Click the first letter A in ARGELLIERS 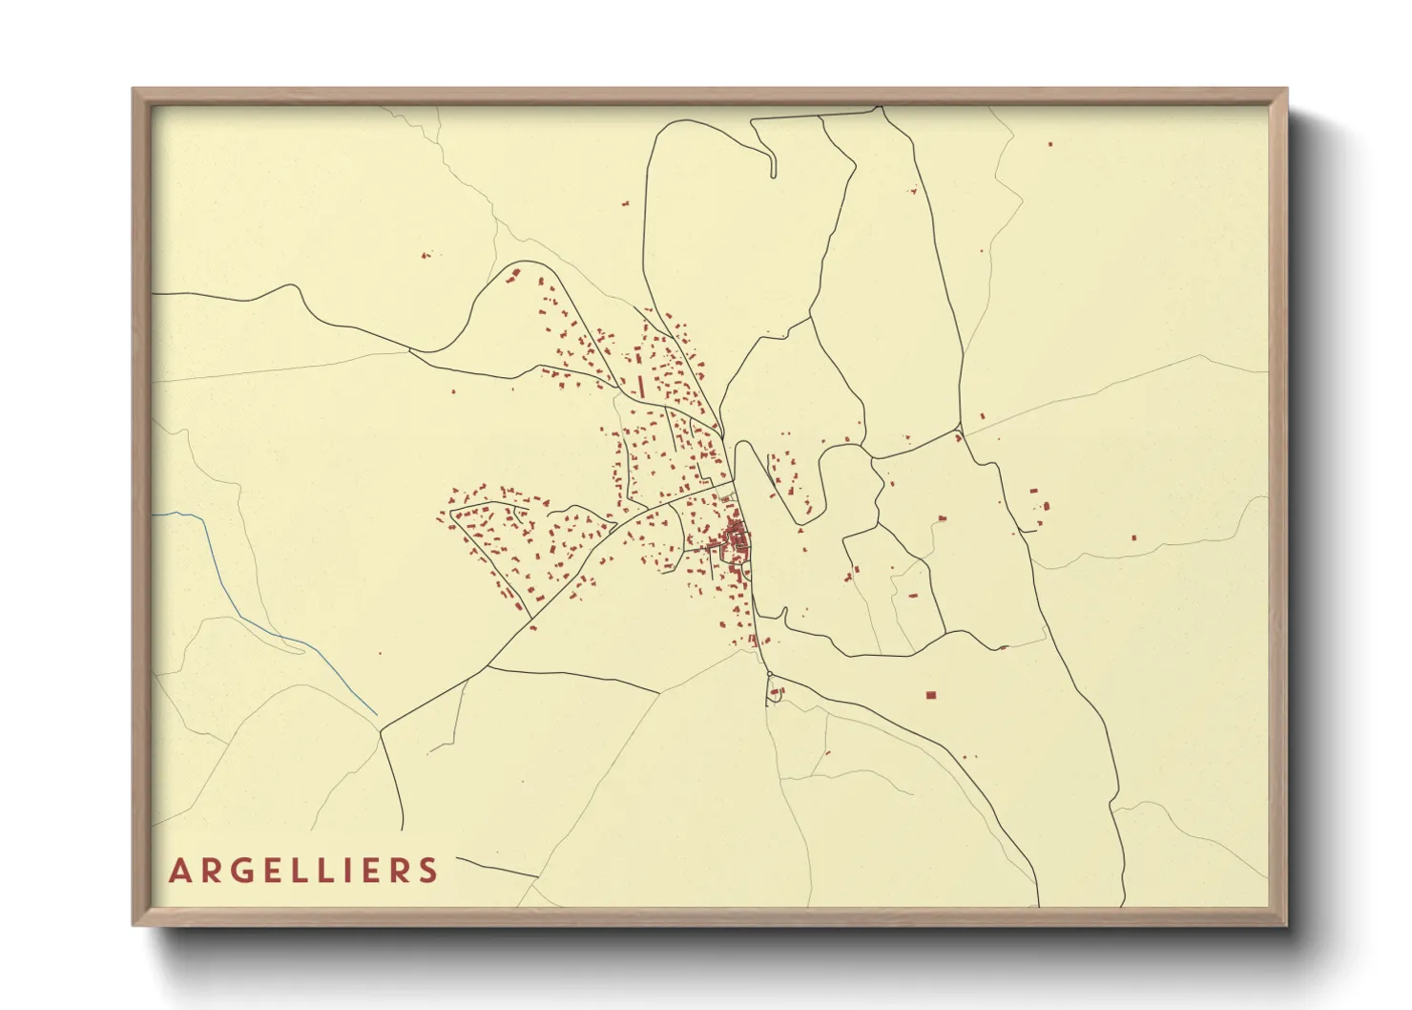179,871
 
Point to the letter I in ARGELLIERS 339,871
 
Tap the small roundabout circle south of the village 769,675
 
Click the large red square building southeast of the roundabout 931,694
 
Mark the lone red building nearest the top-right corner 1050,144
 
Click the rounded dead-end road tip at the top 773,174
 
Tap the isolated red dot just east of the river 380,653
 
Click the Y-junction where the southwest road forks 381,732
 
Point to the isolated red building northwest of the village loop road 426,255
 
